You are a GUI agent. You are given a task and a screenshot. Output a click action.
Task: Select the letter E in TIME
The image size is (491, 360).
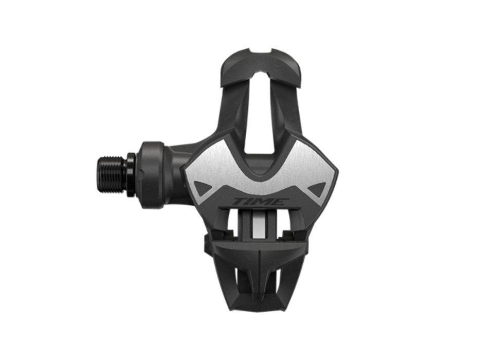276,201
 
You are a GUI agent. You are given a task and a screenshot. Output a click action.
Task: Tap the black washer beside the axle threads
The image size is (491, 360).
131,174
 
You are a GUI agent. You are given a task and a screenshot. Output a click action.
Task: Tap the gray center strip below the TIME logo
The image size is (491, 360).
259,224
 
